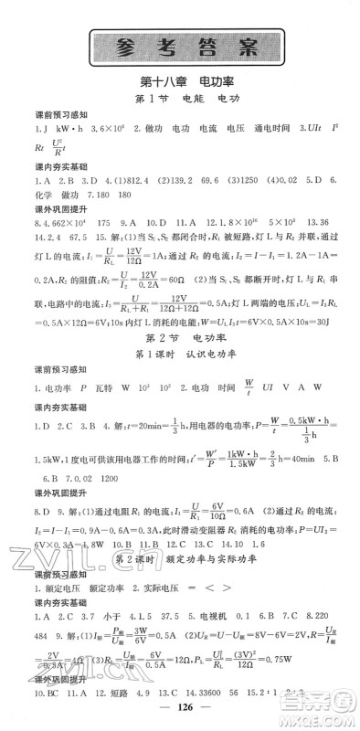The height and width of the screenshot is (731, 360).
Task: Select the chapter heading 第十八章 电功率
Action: click(180, 82)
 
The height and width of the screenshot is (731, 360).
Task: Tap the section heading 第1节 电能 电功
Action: click(180, 99)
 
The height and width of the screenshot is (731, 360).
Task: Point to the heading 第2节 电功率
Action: click(180, 343)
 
